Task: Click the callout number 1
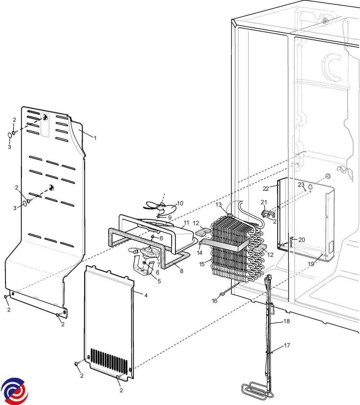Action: tap(95, 138)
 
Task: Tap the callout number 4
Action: tap(146, 295)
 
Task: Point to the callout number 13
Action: tap(219, 205)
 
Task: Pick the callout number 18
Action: tap(287, 321)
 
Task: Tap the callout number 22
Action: tap(266, 189)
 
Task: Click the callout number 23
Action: tap(301, 185)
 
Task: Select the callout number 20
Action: tap(302, 240)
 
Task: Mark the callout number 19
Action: tap(311, 264)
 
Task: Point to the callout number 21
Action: tap(264, 202)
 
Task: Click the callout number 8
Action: tap(182, 271)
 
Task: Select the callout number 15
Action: tap(202, 264)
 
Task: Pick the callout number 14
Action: tap(200, 253)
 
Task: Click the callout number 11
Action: tap(186, 223)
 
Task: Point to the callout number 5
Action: tap(159, 281)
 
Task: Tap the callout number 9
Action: tap(170, 217)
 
